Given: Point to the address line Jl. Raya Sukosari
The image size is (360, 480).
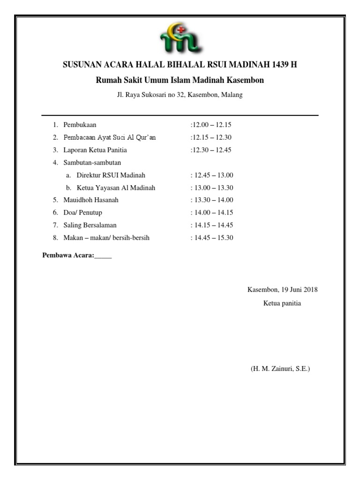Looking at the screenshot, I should point(180,95).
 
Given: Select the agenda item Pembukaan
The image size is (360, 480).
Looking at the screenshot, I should point(80,125).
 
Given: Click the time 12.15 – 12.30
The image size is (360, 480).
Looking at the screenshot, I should point(212,137).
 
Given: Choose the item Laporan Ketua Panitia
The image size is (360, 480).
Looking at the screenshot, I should point(95,150).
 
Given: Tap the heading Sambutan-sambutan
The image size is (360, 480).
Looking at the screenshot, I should point(92,163).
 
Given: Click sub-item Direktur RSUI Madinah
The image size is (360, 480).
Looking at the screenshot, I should point(111,175).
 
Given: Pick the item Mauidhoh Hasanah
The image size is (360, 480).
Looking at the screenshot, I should point(91,200).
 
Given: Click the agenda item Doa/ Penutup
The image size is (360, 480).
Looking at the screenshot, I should point(83,213).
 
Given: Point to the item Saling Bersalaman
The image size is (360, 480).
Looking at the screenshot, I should point(90,225).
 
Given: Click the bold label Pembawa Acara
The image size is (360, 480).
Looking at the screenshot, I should point(68,255).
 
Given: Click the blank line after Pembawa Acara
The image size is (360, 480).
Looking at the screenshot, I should point(104,256).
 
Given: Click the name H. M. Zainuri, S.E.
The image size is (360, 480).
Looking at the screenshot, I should point(280,369).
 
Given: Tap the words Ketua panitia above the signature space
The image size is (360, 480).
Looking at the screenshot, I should point(282,303).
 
